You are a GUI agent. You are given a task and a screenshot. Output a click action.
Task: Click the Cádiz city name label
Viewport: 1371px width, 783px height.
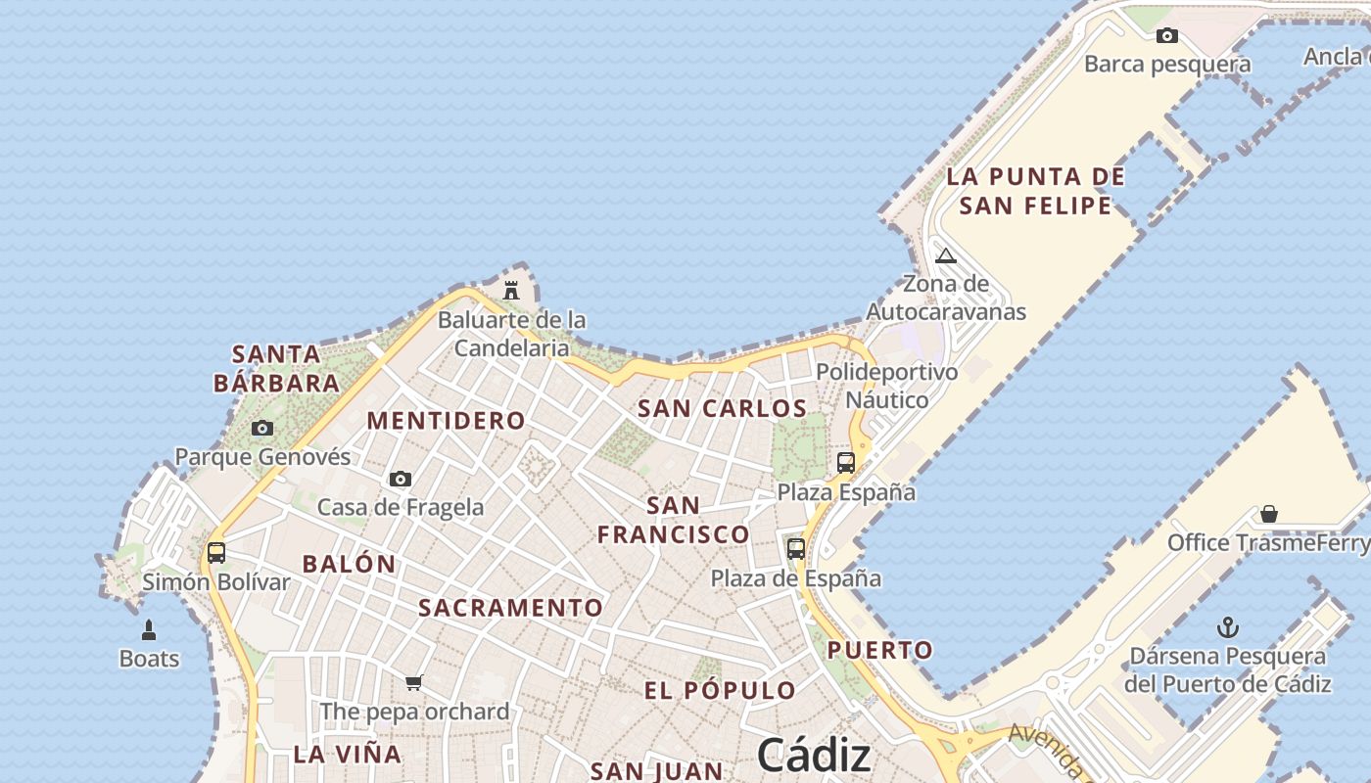814,755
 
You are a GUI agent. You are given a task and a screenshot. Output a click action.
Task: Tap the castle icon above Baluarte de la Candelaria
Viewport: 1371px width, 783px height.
510,290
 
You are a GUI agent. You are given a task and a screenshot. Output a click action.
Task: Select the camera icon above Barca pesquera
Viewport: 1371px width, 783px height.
1166,36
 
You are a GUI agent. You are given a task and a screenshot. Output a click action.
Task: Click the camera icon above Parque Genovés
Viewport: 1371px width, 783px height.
262,428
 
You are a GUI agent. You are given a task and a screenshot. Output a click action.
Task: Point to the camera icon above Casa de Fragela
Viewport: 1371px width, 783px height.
400,479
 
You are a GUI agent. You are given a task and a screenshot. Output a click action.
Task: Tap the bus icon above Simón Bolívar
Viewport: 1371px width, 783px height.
216,553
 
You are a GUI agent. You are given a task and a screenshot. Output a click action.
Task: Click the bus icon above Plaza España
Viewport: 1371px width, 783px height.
846,463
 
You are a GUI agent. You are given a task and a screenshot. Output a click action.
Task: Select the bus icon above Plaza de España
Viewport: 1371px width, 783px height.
796,549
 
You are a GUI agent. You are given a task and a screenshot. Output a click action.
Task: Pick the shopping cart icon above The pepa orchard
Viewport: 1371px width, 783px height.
414,682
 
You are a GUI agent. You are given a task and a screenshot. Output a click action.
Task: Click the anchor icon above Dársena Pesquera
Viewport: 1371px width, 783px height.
1227,627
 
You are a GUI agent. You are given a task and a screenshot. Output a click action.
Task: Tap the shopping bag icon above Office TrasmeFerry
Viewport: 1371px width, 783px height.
1269,514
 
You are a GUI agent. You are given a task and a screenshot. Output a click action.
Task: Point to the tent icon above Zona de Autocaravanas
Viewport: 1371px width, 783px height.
945,256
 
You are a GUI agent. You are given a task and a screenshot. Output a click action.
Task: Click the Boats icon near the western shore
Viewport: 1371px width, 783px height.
149,629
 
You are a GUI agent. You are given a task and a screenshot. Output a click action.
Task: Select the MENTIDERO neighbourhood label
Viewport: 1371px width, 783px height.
446,421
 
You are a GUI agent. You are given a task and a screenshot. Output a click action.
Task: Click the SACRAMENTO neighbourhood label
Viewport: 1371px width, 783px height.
510,608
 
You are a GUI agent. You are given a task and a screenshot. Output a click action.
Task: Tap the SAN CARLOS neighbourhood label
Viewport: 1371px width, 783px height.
722,409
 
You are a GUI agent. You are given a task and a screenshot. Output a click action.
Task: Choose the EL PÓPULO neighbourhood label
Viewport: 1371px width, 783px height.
720,691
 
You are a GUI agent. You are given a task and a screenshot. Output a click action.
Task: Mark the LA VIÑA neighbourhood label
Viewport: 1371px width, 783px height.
348,755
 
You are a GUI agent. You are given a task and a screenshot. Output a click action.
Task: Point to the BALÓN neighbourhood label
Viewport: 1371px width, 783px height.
349,565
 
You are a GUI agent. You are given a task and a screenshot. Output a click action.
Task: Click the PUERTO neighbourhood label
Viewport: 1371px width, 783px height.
879,650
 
